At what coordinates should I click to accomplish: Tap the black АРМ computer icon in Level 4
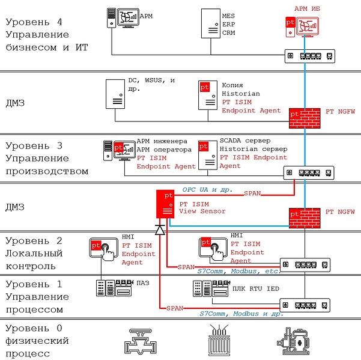click(x=121, y=19)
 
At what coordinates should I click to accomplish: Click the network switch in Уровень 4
click(x=310, y=56)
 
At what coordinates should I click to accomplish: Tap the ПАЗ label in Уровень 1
click(x=144, y=282)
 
